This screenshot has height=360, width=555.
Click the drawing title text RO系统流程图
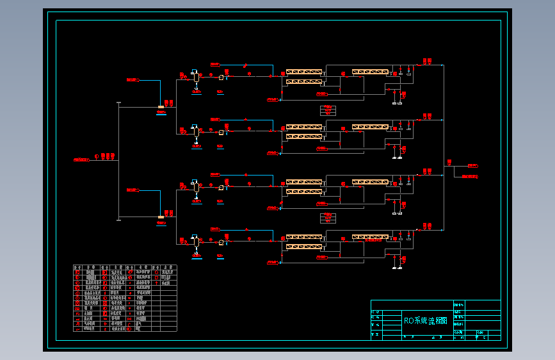(425, 321)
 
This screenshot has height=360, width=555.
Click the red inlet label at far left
(80, 158)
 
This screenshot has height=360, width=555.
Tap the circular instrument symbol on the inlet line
(97, 156)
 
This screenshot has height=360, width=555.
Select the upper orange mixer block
(161, 107)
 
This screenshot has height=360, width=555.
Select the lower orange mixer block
(161, 217)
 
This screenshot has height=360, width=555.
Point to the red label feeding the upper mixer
(132, 80)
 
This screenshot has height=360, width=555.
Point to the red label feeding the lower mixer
(132, 190)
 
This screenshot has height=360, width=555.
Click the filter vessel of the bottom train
(196, 242)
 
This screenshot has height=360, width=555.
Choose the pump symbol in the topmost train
(221, 78)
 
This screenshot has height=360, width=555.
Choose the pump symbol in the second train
(221, 133)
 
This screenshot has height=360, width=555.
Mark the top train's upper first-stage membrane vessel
(304, 72)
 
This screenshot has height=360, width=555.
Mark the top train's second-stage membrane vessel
(370, 72)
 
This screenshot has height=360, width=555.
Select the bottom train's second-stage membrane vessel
(370, 237)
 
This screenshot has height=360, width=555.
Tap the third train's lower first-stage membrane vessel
(304, 192)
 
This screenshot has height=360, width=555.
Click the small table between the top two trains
(328, 110)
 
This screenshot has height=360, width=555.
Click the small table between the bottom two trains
(328, 218)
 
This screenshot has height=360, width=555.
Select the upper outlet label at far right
(472, 165)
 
